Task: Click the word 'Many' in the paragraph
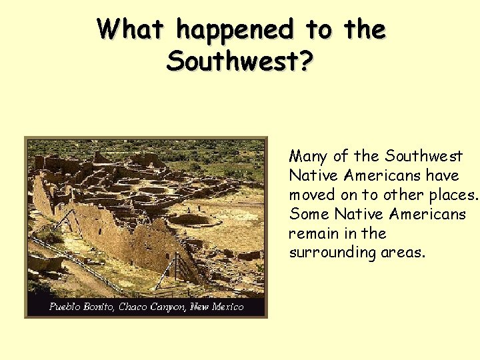[308, 157]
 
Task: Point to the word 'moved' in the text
[309, 195]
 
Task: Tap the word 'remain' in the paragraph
[311, 234]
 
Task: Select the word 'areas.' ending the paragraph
[403, 253]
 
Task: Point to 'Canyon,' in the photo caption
[169, 307]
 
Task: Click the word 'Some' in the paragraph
[309, 215]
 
